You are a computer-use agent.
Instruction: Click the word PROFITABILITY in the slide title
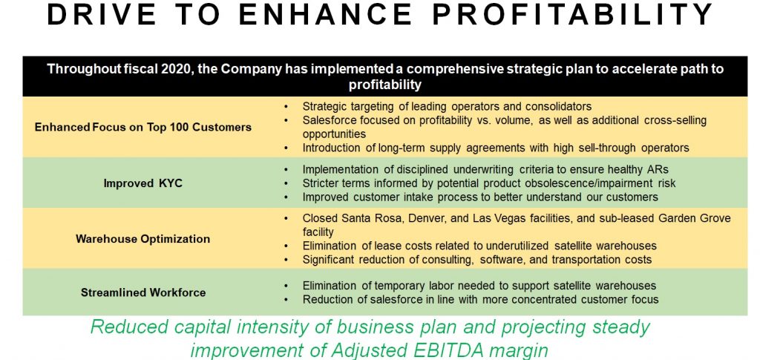tap(572, 15)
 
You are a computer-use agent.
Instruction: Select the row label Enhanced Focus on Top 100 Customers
tap(143, 128)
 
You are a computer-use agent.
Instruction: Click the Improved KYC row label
tap(143, 183)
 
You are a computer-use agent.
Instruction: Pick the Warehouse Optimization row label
tap(143, 239)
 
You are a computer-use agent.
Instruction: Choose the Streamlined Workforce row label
tap(143, 292)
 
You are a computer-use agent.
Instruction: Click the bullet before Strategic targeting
tap(287, 106)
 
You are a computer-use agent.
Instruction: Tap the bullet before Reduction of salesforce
tap(287, 299)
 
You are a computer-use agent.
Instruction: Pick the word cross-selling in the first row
tap(675, 120)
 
